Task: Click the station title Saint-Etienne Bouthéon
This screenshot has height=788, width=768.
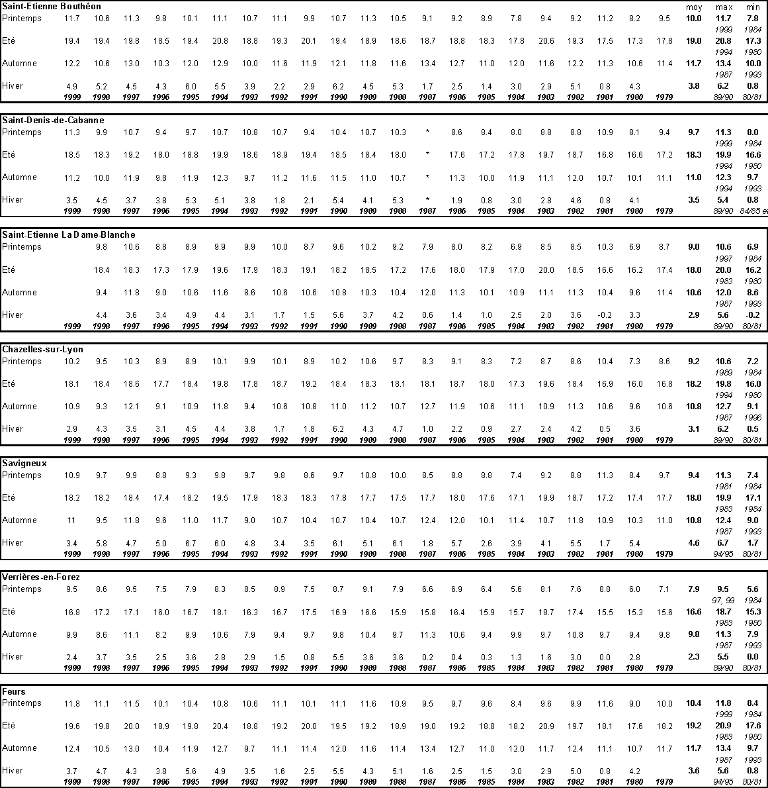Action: tap(42, 7)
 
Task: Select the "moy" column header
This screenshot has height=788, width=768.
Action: tap(693, 7)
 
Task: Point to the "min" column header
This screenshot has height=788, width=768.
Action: tap(753, 7)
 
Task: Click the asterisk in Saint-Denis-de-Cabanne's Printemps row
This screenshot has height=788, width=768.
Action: tap(427, 132)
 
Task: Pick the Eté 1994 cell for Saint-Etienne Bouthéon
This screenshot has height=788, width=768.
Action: tap(220, 41)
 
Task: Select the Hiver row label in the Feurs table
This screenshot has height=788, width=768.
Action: tap(13, 770)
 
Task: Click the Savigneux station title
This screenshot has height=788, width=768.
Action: tap(24, 464)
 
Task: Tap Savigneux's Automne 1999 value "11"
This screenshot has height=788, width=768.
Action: tap(71, 520)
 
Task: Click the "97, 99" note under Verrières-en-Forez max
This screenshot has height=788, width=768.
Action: tap(723, 600)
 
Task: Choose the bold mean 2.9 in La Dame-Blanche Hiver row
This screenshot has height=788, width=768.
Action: tap(693, 315)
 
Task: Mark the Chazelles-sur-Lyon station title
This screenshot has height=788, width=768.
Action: tap(42, 349)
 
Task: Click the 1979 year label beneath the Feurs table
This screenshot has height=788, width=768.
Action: tap(663, 782)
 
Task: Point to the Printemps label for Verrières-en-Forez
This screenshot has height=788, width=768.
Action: tap(22, 589)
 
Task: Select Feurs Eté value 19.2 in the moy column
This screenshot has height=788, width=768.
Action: tap(693, 726)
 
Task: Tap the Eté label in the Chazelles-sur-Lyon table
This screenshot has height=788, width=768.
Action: tap(9, 383)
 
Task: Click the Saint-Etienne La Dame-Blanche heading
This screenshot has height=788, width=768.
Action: tap(68, 234)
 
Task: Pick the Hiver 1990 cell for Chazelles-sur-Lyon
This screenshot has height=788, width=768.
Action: tap(338, 429)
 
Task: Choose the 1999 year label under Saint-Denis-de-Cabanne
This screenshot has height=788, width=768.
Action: tap(71, 211)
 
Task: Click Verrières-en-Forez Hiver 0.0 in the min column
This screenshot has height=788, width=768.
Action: tap(753, 657)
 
